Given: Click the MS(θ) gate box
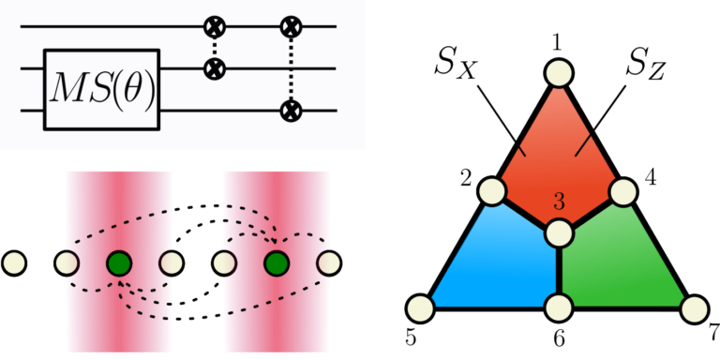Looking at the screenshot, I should coord(101,89).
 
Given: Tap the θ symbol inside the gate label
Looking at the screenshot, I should coord(134,89).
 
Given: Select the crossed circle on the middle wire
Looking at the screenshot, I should coord(215,68).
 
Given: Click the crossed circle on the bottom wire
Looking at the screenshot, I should coord(291,111).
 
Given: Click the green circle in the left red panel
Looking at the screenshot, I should coord(118,263).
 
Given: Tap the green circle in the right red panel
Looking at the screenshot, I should coord(276,263).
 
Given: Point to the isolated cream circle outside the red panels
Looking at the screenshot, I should coord(14,263).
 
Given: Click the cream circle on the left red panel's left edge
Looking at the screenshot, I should coord(67,263).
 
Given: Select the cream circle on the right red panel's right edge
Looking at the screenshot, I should coord(328,263).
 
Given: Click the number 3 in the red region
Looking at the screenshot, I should coord(559,202).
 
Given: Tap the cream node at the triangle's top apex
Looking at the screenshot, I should coord(559,72).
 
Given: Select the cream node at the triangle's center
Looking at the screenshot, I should coord(559,232).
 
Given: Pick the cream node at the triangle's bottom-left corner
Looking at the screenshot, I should coord(421,307).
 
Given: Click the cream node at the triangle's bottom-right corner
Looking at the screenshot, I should coord(694,308).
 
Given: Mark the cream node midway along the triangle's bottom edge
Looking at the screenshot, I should coord(559,307).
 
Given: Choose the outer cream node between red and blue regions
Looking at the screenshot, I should coord(492,191).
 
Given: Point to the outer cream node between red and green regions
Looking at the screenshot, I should coord(623,191).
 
